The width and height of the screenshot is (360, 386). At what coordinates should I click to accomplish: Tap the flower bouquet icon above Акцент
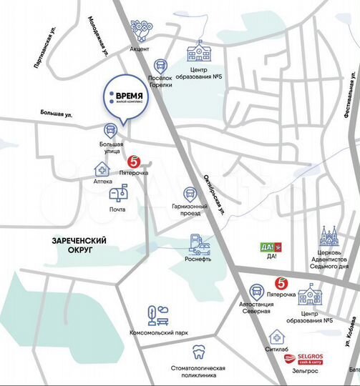[x=140, y=31]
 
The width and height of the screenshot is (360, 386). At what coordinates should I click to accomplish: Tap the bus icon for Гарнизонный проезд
[x=190, y=194]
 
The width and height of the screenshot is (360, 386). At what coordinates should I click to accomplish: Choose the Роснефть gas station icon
[x=199, y=245]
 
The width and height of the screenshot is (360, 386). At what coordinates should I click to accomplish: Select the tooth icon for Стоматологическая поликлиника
[x=200, y=352]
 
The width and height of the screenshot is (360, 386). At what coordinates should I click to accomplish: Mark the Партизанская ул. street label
[x=45, y=49]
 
